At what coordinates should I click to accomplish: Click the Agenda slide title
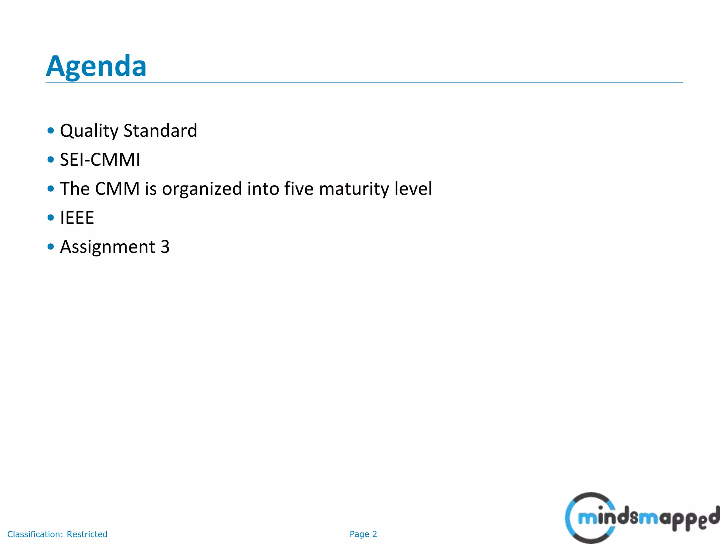(x=96, y=66)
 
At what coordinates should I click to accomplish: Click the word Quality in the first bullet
(x=89, y=131)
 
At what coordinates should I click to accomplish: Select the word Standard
(x=160, y=131)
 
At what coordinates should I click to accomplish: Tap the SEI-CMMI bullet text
(x=100, y=160)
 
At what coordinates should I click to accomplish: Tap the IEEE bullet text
(x=77, y=218)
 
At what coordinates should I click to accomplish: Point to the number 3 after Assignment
(x=165, y=247)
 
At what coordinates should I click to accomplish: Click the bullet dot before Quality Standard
(x=51, y=131)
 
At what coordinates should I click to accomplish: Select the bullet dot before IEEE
(x=51, y=217)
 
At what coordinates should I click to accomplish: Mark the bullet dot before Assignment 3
(x=51, y=246)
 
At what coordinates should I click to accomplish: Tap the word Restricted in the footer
(x=87, y=534)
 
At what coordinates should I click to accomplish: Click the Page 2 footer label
(x=363, y=534)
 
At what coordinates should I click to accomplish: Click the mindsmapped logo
(x=642, y=518)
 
